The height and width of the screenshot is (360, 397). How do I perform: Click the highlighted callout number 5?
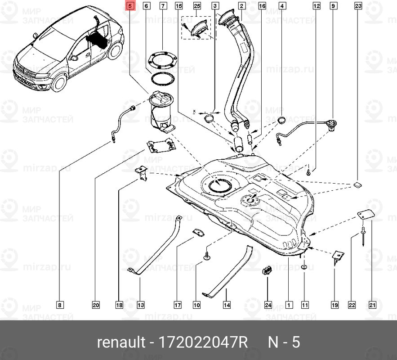[x=129, y=6]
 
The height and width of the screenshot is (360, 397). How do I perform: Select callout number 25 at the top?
[x=197, y=6]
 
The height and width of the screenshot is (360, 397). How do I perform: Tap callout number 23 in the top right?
[x=358, y=6]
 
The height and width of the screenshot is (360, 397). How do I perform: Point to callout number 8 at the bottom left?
[x=60, y=305]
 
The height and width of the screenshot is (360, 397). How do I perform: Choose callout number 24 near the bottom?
[x=268, y=305]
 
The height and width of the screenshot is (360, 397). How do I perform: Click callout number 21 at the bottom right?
[x=372, y=305]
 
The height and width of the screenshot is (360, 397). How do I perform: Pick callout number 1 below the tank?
[x=288, y=305]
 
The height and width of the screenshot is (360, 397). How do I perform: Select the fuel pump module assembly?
[x=161, y=110]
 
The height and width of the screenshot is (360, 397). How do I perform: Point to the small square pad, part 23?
[x=358, y=184]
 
